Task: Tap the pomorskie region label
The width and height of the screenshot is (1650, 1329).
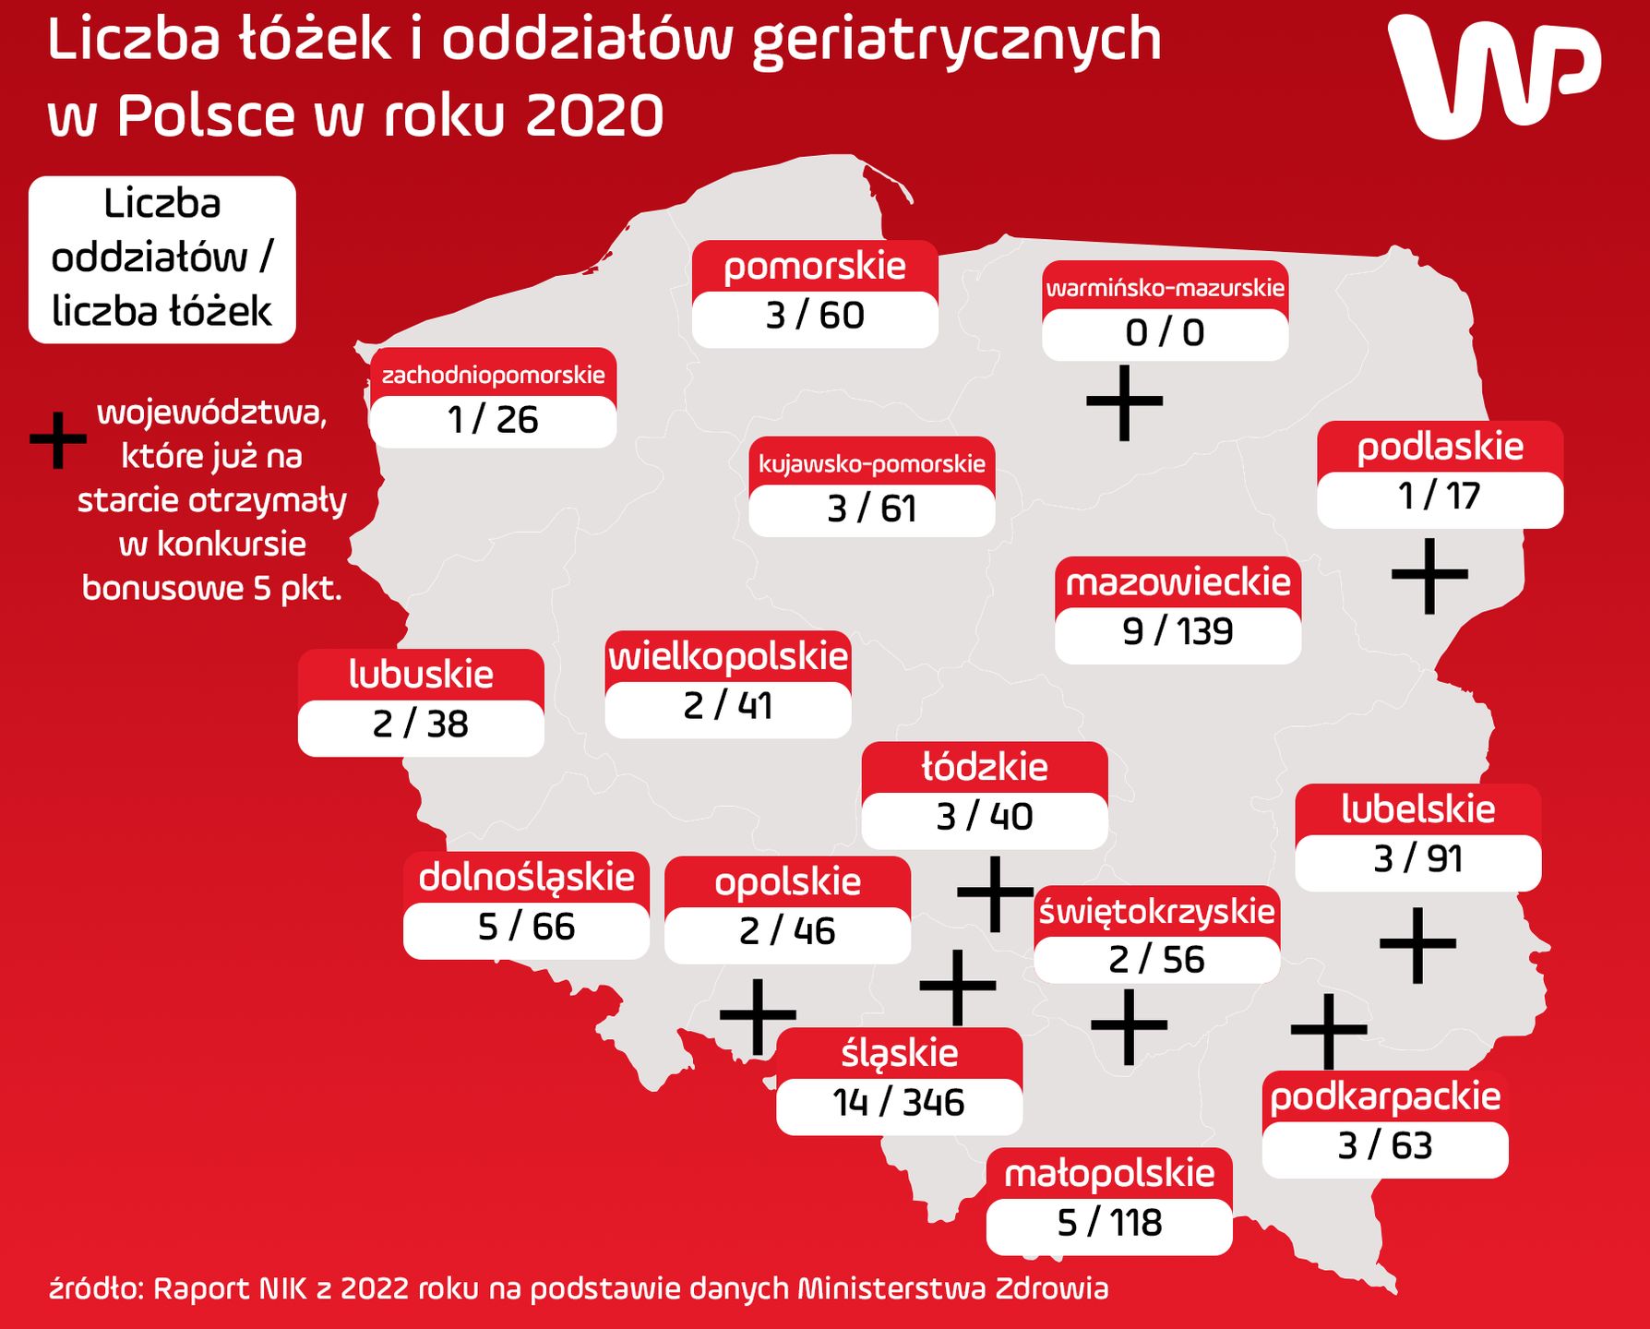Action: pyautogui.click(x=815, y=267)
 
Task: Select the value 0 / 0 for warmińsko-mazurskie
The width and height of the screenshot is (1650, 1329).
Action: pyautogui.click(x=1165, y=333)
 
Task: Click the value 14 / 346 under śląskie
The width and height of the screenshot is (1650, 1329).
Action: pyautogui.click(x=899, y=1103)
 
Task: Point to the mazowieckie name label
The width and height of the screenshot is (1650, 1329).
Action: pyautogui.click(x=1178, y=583)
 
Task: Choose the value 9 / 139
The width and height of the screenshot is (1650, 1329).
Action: pyautogui.click(x=1178, y=632)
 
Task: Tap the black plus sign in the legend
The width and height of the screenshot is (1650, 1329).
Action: pyautogui.click(x=58, y=440)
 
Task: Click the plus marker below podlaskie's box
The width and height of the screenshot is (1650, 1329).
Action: pyautogui.click(x=1429, y=575)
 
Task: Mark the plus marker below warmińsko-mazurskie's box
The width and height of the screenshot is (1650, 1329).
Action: pyautogui.click(x=1124, y=402)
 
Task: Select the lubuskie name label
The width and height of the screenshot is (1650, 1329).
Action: pyautogui.click(x=421, y=675)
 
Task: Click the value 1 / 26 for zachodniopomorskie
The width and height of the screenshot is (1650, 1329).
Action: pyautogui.click(x=493, y=421)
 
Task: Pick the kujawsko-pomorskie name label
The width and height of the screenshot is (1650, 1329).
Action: pyautogui.click(x=872, y=463)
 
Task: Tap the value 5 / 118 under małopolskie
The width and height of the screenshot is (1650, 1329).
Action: pyautogui.click(x=1109, y=1224)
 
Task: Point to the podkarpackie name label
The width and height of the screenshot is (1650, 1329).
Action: pyautogui.click(x=1385, y=1097)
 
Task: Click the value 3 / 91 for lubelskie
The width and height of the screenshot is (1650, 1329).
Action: pyautogui.click(x=1417, y=859)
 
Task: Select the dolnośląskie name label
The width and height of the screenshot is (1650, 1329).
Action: pyautogui.click(x=526, y=878)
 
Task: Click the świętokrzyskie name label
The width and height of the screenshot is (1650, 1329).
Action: pyautogui.click(x=1156, y=912)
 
